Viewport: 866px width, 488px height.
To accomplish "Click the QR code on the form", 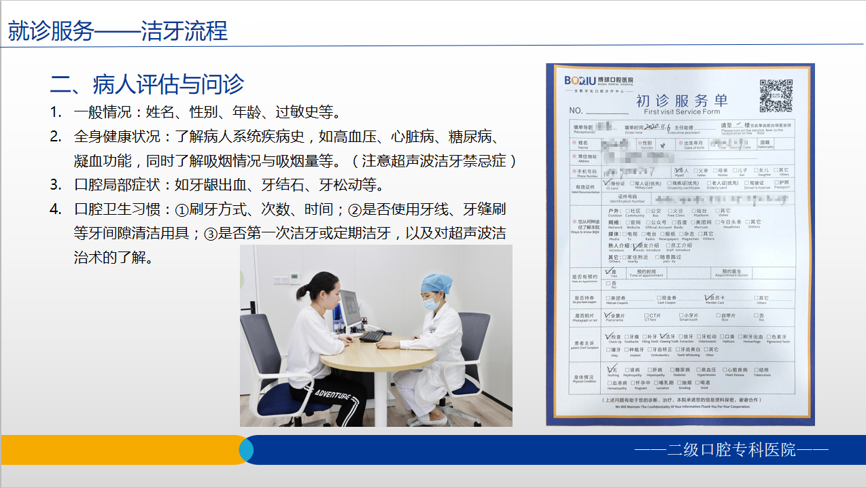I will [776, 96].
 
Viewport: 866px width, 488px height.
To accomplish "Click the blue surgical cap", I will [437, 283].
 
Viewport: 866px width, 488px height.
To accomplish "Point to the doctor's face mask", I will [432, 304].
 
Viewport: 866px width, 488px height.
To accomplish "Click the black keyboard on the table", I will [373, 336].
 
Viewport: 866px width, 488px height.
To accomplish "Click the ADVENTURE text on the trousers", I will [333, 394].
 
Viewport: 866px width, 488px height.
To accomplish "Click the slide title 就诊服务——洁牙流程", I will [118, 31].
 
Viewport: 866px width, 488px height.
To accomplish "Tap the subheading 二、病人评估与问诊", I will [147, 84].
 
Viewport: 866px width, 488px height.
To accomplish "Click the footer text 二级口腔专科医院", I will [731, 449].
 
